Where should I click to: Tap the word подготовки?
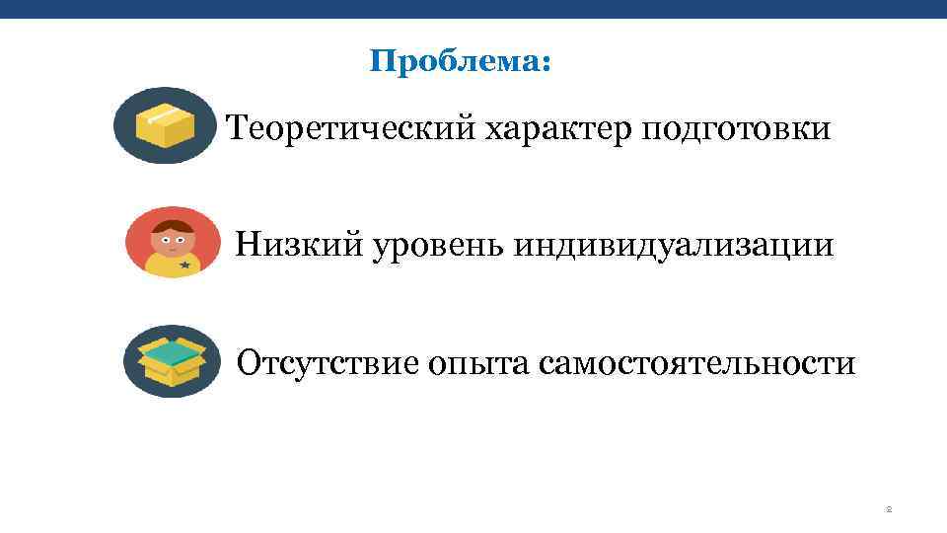point(736,128)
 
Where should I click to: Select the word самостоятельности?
point(697,363)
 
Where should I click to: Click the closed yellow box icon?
point(164,126)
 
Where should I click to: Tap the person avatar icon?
point(173,242)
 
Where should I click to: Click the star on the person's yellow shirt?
point(184,265)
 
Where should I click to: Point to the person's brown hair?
point(173,222)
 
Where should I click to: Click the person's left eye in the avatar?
point(166,240)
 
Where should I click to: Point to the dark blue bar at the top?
point(473,8)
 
